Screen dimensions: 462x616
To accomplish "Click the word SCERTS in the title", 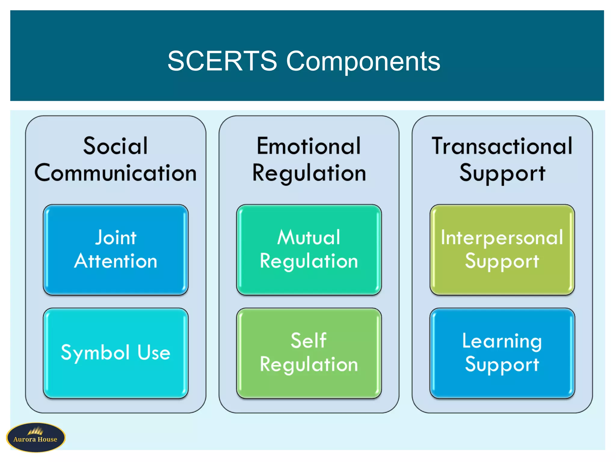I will pyautogui.click(x=222, y=61).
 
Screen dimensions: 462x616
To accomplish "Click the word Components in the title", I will pyautogui.click(x=363, y=62).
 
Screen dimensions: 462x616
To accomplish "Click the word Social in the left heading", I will pyautogui.click(x=115, y=146).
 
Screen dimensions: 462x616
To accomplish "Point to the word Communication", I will pyautogui.click(x=115, y=173).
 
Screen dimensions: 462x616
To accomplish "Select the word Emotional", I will pyautogui.click(x=309, y=146).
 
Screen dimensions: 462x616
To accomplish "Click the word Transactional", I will pyautogui.click(x=502, y=146).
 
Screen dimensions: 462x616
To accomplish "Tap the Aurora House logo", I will pyautogui.click(x=35, y=437).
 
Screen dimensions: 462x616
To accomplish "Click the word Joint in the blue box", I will pyautogui.click(x=116, y=237).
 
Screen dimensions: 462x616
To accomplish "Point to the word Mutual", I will pyautogui.click(x=309, y=237).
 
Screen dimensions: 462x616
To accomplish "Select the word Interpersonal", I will pyautogui.click(x=502, y=237).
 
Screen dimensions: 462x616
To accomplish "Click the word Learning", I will pyautogui.click(x=502, y=341).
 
